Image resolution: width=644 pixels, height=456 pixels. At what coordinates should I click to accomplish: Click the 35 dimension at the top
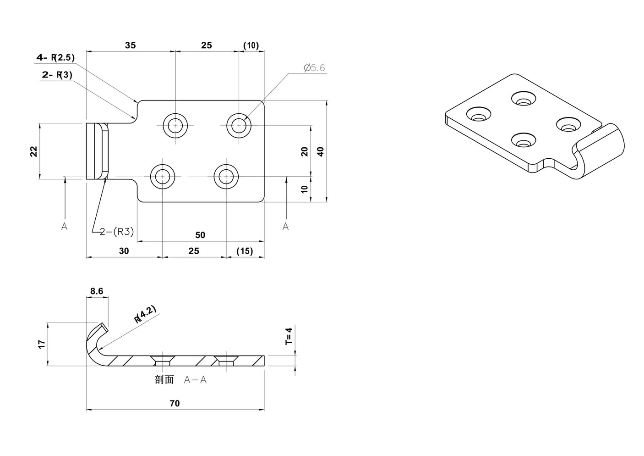(130, 45)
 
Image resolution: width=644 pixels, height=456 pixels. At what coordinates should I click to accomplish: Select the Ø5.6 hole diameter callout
(314, 68)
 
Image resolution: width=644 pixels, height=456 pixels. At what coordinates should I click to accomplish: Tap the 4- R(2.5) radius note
(55, 57)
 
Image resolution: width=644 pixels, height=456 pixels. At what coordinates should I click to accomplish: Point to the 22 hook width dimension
(33, 151)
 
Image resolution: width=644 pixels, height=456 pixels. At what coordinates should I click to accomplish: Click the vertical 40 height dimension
(321, 151)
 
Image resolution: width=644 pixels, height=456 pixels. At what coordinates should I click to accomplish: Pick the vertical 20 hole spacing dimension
(305, 151)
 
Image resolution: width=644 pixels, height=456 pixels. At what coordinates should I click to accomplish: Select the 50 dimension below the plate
(200, 235)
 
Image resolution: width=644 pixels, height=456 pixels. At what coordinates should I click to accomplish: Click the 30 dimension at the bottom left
(124, 251)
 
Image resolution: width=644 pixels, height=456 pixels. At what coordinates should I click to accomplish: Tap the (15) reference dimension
(245, 251)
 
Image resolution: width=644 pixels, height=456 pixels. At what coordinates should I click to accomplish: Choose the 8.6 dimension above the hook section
(97, 291)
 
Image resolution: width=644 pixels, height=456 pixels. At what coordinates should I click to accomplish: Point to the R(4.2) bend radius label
(145, 314)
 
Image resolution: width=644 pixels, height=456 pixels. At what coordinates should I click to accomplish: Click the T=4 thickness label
(288, 336)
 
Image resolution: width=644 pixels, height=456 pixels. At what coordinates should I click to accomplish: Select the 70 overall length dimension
(175, 403)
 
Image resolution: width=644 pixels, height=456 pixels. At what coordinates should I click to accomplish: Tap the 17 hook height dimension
(41, 344)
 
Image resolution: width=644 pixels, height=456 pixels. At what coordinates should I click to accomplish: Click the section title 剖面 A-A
(180, 380)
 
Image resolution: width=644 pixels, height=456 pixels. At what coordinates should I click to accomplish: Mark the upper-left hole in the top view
(175, 125)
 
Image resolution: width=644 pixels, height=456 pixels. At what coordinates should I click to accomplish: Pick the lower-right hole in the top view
(226, 176)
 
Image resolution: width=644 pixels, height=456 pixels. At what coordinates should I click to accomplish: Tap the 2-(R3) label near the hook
(117, 232)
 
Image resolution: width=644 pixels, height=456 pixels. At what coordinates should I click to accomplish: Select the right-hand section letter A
(285, 226)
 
